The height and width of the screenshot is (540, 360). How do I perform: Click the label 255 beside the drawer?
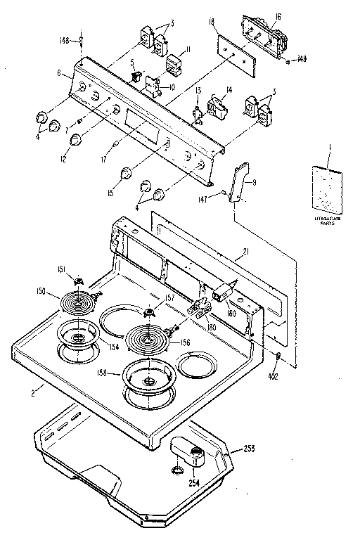tap(248, 447)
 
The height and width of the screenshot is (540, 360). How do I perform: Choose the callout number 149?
tap(302, 59)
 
